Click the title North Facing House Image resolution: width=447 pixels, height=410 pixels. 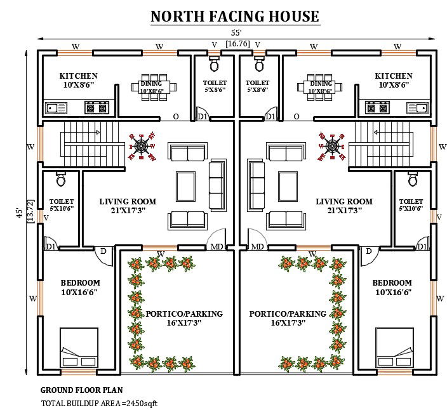click(x=235, y=17)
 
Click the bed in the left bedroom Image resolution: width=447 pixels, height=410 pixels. click(x=79, y=347)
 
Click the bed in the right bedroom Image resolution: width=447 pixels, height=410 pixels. click(x=395, y=347)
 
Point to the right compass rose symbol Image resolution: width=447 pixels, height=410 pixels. click(x=332, y=146)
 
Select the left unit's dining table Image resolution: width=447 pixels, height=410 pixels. click(x=151, y=88)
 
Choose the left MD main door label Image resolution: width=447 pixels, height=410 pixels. click(x=217, y=246)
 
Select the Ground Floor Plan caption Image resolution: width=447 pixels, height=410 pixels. click(x=82, y=390)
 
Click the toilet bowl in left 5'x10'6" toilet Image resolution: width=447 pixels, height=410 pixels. click(x=61, y=180)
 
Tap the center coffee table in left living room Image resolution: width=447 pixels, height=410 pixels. click(x=187, y=185)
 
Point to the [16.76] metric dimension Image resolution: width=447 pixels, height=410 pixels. click(x=237, y=44)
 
